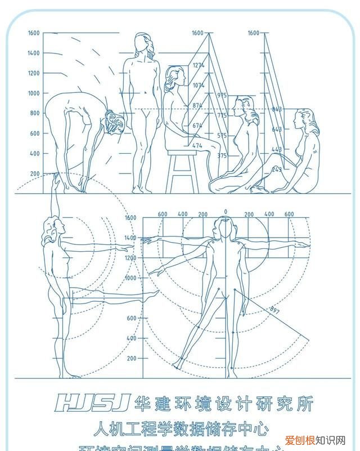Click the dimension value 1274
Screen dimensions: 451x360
[198, 66]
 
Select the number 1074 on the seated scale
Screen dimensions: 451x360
[198, 86]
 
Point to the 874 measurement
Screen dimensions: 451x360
[197, 106]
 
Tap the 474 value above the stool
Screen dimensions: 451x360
[197, 146]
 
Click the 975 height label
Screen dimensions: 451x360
[222, 96]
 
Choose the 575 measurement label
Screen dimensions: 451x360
[222, 136]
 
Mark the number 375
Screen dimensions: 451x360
[222, 155]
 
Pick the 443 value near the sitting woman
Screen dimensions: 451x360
[277, 149]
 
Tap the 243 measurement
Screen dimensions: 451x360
[277, 169]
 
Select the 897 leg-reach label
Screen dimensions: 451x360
[275, 310]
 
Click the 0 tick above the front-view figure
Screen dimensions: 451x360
[225, 212]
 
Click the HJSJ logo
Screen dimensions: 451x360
[93, 401]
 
